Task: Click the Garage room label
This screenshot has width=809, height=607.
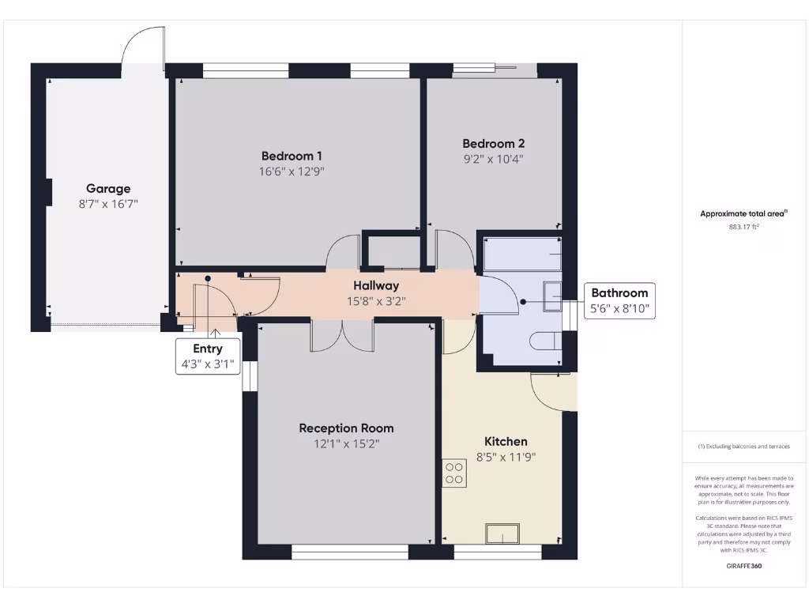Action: tap(108, 188)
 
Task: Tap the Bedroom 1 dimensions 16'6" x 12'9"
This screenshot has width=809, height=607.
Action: tap(292, 172)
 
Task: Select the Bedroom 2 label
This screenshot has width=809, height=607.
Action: tap(493, 144)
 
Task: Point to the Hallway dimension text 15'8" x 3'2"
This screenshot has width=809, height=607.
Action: tap(376, 301)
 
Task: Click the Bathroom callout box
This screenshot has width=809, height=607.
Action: tap(619, 300)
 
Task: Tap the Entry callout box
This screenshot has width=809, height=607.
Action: tap(208, 356)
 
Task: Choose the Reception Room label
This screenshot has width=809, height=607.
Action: tap(346, 428)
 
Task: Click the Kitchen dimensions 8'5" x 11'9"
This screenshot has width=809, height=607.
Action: tap(506, 457)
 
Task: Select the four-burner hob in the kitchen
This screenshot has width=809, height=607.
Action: tap(454, 473)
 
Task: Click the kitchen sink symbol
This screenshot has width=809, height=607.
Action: tap(502, 533)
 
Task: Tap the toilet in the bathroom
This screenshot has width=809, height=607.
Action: tap(546, 341)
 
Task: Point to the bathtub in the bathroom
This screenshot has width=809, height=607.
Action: tap(522, 254)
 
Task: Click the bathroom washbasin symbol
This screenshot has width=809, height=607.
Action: tap(552, 296)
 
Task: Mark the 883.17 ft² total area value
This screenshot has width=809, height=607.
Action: tap(743, 227)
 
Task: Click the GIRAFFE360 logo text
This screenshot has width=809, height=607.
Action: tap(744, 566)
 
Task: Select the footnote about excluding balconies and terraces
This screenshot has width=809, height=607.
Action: tap(744, 447)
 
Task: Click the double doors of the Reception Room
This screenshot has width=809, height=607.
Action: tap(343, 335)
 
